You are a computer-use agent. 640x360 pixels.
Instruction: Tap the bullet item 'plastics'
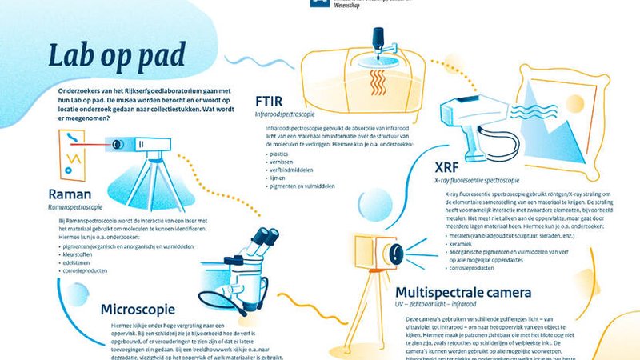click(x=280, y=152)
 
